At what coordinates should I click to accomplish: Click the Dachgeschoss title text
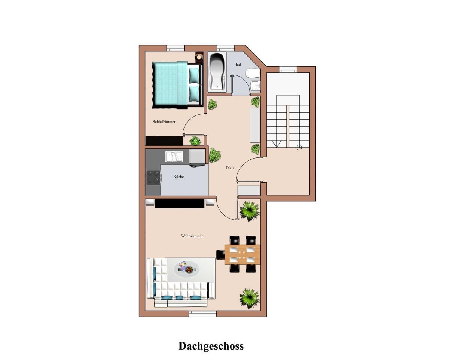click(x=211, y=346)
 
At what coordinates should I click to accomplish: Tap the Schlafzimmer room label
click(x=164, y=122)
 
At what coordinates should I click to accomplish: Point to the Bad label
click(x=237, y=64)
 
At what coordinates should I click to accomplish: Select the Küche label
click(x=178, y=177)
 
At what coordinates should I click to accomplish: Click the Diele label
click(x=230, y=168)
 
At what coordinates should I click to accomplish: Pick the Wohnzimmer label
click(x=192, y=236)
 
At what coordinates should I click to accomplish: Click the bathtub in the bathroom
click(x=217, y=72)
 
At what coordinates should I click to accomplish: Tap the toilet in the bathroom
click(x=253, y=73)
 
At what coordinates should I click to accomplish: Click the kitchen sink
click(x=174, y=157)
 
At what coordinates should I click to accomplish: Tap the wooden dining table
click(x=242, y=254)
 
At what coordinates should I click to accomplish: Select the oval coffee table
click(x=186, y=269)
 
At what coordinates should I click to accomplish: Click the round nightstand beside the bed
click(x=199, y=57)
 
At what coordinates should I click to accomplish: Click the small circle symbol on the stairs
click(x=300, y=148)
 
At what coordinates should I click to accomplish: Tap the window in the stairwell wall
click(x=288, y=69)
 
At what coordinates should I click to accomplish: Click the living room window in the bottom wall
click(x=202, y=314)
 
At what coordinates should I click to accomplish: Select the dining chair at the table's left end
click(x=220, y=255)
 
